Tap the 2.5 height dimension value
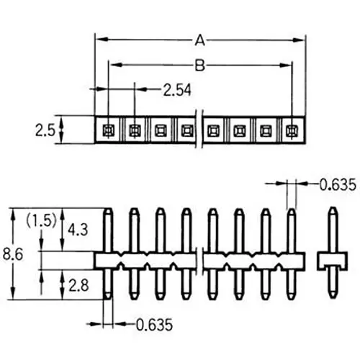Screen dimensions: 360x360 pos(44,131)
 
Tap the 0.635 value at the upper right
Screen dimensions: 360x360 pos(337,185)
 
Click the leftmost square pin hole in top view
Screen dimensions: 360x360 pos(108,131)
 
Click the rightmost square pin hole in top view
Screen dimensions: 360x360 pos(291,131)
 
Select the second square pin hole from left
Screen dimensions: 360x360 pos(135,131)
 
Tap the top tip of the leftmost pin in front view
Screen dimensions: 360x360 pos(107,212)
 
